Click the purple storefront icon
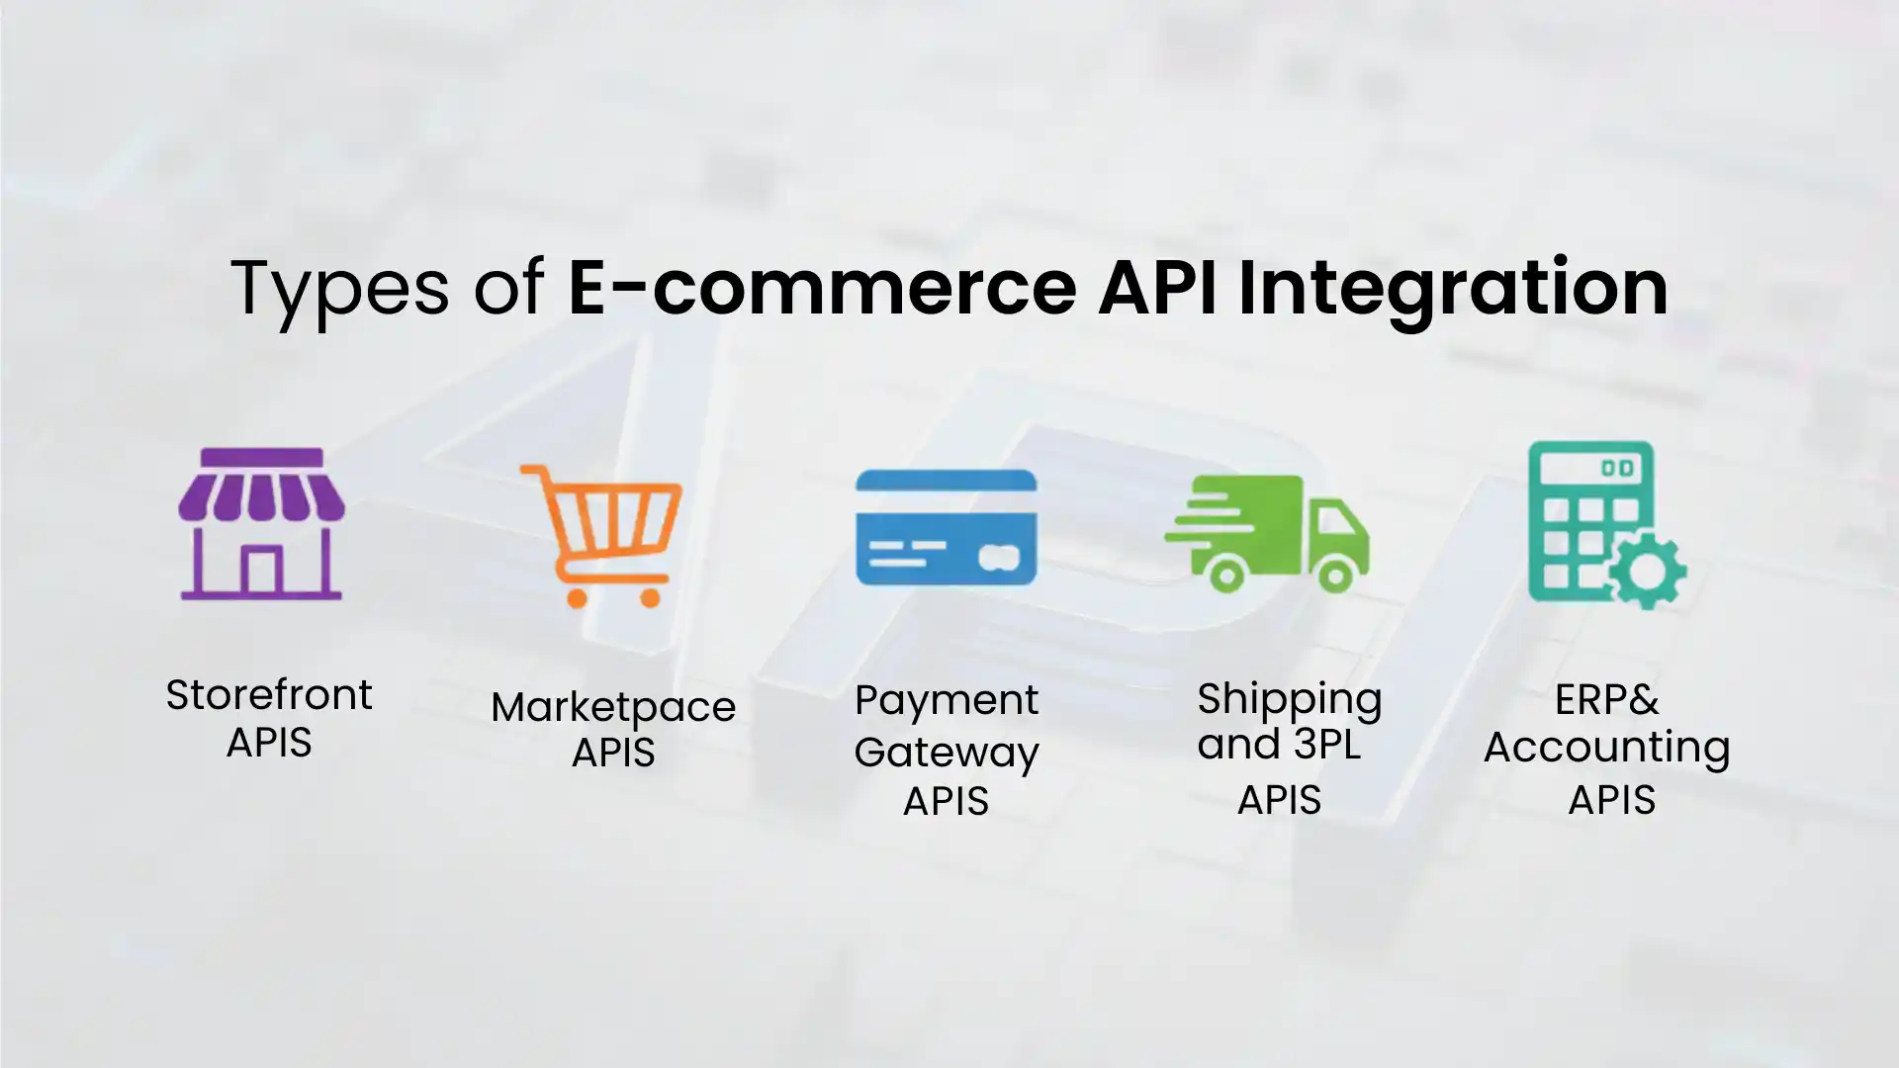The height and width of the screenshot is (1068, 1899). click(x=261, y=524)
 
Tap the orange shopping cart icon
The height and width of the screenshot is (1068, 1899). click(x=603, y=535)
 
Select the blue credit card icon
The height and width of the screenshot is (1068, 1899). click(x=946, y=527)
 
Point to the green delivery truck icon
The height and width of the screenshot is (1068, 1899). click(x=1267, y=533)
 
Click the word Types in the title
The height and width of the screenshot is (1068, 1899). click(x=339, y=288)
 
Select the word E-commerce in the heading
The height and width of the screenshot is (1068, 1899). click(x=821, y=288)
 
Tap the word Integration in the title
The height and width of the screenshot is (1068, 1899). click(x=1453, y=288)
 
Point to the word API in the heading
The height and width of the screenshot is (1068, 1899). click(x=1156, y=288)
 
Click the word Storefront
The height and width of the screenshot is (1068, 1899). click(x=269, y=695)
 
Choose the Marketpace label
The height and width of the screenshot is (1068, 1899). click(x=613, y=707)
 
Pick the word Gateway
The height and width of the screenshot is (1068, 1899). click(x=947, y=753)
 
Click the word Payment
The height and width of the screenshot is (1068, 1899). click(x=947, y=701)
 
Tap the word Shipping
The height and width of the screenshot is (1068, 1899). click(x=1289, y=700)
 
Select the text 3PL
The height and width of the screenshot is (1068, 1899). click(x=1327, y=745)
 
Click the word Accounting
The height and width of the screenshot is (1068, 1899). click(x=1607, y=748)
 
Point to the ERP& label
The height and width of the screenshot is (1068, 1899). click(x=1606, y=700)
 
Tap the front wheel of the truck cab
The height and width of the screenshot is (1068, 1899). click(x=1334, y=575)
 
